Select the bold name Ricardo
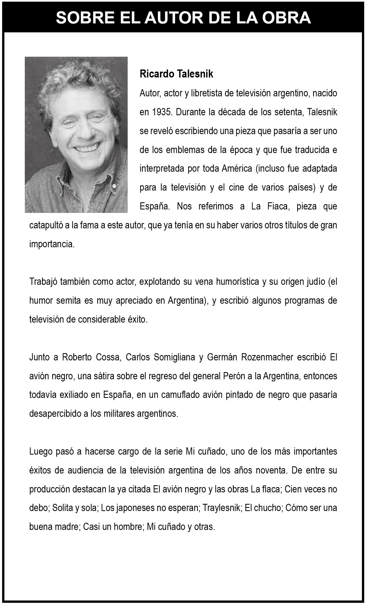click(x=157, y=74)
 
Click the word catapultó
click(x=45, y=225)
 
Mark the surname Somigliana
click(x=174, y=357)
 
